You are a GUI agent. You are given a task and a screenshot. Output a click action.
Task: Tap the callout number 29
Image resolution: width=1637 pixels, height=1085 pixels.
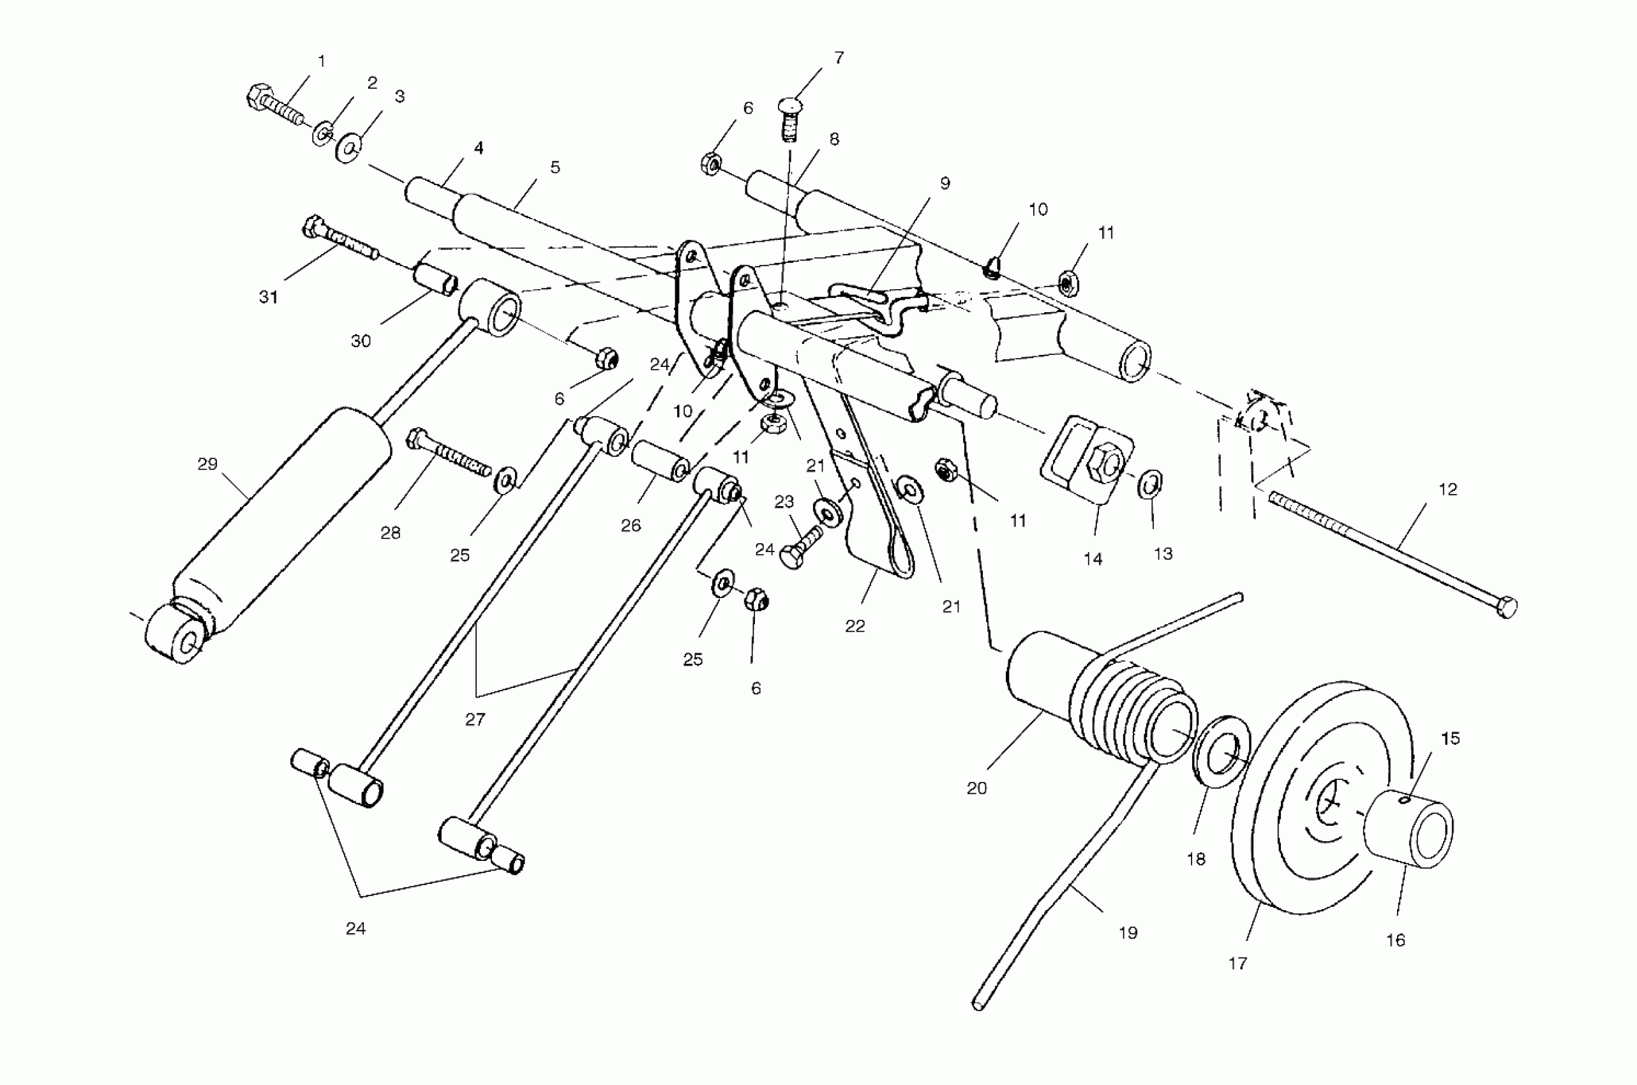tap(207, 464)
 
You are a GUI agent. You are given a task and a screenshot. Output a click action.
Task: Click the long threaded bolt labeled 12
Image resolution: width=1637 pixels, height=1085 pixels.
tap(1391, 553)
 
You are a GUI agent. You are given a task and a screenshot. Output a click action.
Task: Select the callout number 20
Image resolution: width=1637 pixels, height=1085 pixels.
tap(976, 788)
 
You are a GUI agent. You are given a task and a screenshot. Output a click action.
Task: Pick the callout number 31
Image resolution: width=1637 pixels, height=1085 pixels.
tap(269, 297)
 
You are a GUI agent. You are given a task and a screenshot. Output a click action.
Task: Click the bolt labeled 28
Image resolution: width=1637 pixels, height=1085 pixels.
tap(450, 453)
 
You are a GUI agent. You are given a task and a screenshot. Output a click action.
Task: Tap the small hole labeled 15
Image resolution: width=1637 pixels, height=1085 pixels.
tap(1404, 800)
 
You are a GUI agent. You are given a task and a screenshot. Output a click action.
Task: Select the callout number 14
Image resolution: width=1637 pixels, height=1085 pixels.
tap(1093, 559)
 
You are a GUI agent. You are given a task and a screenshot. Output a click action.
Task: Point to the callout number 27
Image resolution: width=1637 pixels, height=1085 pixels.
tap(475, 720)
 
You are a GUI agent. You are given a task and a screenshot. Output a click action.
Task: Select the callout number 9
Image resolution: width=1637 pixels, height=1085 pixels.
tap(945, 183)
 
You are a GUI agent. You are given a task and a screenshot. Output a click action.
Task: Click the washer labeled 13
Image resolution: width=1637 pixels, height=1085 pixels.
tap(1150, 483)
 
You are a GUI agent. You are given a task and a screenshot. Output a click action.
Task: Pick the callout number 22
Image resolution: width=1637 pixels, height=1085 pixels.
tap(855, 626)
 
